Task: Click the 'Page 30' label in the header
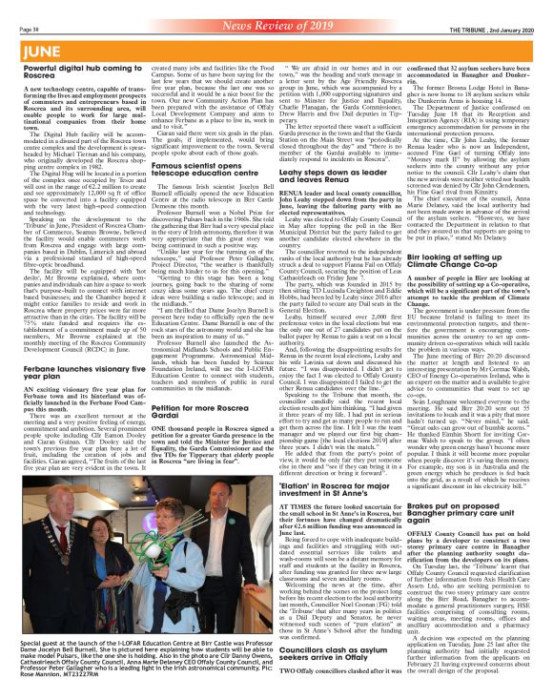coord(17,7)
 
